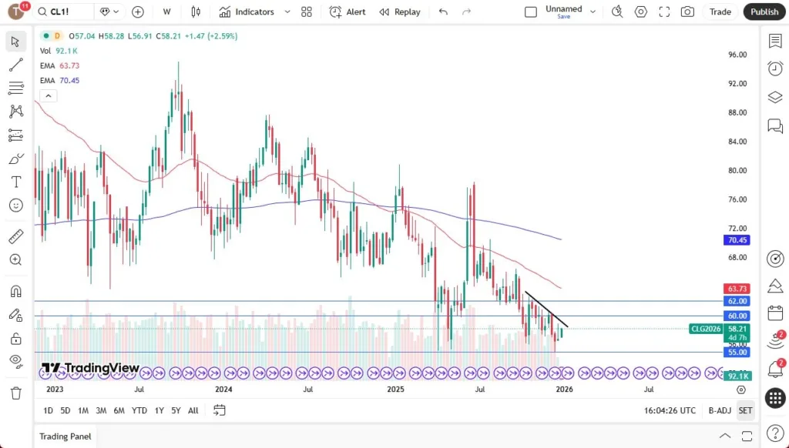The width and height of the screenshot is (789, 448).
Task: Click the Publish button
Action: click(764, 12)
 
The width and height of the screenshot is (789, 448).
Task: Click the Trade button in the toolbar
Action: click(720, 12)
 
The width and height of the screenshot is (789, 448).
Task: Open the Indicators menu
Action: click(247, 12)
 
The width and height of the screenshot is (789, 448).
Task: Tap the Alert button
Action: click(347, 12)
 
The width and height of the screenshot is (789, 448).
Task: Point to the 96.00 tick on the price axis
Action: click(737, 55)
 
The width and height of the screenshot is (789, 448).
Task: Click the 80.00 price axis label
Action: click(737, 171)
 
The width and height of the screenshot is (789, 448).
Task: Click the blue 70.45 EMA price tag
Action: click(737, 240)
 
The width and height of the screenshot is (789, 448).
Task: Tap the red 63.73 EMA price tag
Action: click(737, 289)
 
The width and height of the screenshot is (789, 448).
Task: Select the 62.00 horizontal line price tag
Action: click(737, 301)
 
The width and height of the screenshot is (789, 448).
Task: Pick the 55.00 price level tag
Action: click(737, 352)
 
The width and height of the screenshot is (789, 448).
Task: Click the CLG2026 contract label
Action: click(705, 329)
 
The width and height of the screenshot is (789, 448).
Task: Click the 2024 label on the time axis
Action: click(223, 389)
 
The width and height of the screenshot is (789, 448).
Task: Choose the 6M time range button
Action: click(119, 410)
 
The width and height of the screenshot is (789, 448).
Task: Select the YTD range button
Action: click(139, 410)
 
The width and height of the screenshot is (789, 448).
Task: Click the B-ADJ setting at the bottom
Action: click(719, 410)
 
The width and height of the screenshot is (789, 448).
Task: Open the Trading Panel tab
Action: click(65, 436)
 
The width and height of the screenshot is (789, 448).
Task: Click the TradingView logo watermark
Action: click(90, 368)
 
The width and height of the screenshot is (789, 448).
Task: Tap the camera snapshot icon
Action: click(687, 12)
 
